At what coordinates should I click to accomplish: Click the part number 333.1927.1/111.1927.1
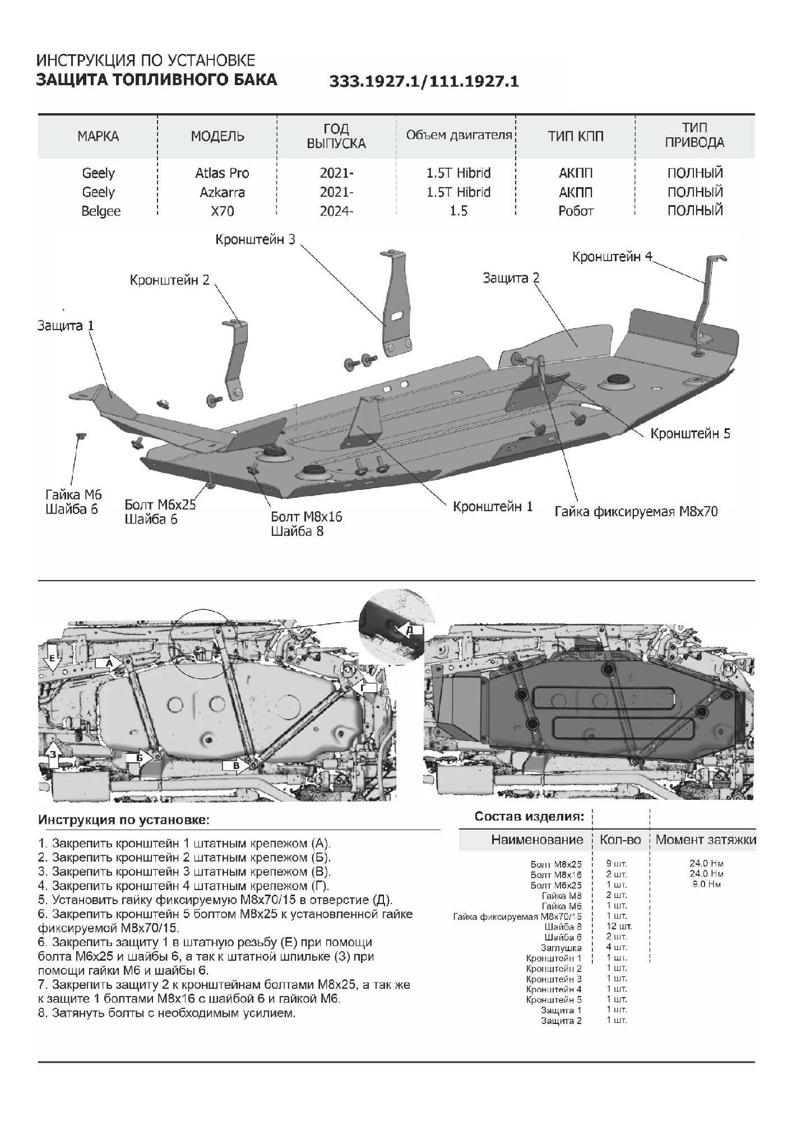[424, 82]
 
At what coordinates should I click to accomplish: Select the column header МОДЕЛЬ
[217, 136]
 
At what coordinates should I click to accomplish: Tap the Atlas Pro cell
[222, 173]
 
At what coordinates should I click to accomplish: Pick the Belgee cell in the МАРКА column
[101, 211]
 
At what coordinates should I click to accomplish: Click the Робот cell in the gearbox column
[575, 211]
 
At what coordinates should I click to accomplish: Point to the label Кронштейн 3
[255, 239]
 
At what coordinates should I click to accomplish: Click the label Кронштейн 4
[612, 257]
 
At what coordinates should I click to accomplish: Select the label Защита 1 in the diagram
[66, 326]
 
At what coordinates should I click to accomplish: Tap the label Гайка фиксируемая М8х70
[636, 511]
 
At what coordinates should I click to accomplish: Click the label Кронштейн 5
[690, 433]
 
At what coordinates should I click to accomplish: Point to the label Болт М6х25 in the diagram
[160, 504]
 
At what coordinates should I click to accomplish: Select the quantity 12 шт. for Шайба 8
[619, 927]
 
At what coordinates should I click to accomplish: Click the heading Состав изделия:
[529, 816]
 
